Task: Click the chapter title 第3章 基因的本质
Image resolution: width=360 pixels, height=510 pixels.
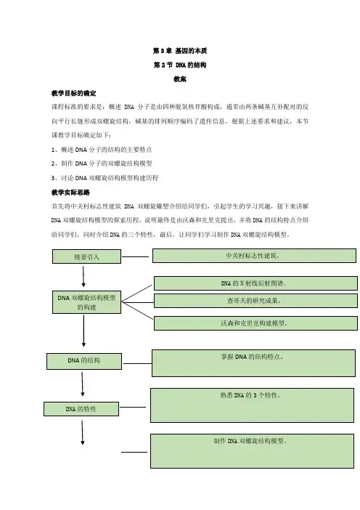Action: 180,51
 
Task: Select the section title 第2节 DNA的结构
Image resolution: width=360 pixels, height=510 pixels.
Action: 180,65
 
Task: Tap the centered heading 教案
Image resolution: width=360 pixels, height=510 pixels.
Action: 180,79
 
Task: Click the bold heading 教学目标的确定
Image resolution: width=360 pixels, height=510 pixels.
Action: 73,93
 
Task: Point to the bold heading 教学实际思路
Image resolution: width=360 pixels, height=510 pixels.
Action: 70,193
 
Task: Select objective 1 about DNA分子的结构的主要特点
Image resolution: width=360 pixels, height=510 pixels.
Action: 102,150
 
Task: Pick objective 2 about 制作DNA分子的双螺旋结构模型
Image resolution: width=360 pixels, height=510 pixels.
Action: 102,163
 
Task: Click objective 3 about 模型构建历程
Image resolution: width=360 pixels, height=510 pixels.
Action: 105,178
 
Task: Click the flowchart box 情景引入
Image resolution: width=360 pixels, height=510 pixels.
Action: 87,256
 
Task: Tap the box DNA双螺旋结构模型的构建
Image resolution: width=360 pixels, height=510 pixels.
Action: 87,302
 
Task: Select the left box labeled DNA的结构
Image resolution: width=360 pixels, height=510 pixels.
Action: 84,361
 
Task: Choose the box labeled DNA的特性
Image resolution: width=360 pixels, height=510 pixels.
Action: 81,409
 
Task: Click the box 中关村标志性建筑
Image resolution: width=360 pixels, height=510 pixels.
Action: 254,256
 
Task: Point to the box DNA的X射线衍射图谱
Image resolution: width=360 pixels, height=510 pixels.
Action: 255,283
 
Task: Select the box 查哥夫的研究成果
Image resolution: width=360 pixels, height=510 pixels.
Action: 255,301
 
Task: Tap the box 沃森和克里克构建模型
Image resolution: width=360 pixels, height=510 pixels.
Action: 255,323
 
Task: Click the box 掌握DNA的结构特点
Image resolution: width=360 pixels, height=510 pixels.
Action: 253,363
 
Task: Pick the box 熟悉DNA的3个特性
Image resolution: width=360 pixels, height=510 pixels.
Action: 252,405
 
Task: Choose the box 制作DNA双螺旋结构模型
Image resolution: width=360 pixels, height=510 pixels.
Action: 252,451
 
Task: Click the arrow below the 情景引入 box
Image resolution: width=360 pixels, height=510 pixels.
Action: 83,277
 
